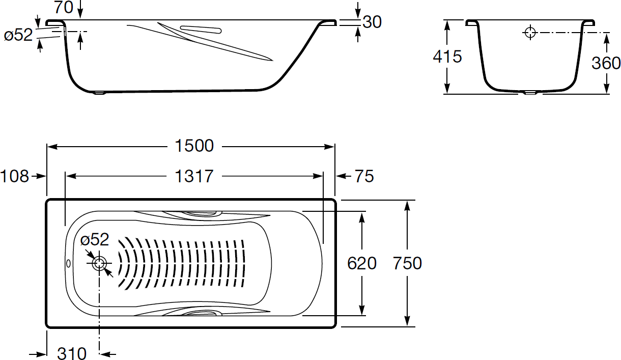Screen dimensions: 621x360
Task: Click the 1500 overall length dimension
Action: pos(194,146)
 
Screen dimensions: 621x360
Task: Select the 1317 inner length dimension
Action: pos(194,177)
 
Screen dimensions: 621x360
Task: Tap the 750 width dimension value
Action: pos(407,263)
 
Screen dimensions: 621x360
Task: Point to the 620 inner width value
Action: pos(361,263)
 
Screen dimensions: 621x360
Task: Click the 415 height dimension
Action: pos(447,57)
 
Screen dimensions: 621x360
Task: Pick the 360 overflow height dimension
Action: pos(606,63)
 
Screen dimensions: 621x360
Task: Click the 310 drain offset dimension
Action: pos(71,353)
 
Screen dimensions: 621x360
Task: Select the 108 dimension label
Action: pos(14,177)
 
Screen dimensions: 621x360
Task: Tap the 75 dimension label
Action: pos(363,177)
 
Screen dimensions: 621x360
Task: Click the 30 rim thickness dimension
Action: pos(372,22)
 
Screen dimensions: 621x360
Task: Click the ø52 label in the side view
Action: pos(18,35)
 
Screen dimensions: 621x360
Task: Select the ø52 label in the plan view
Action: pos(95,239)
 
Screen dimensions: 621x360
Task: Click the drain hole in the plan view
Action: pos(99,264)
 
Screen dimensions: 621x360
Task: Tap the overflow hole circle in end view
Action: pos(530,33)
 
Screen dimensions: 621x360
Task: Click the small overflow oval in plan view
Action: pos(69,263)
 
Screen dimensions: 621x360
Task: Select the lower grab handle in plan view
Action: pos(200,312)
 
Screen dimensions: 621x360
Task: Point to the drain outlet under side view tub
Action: pos(100,93)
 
